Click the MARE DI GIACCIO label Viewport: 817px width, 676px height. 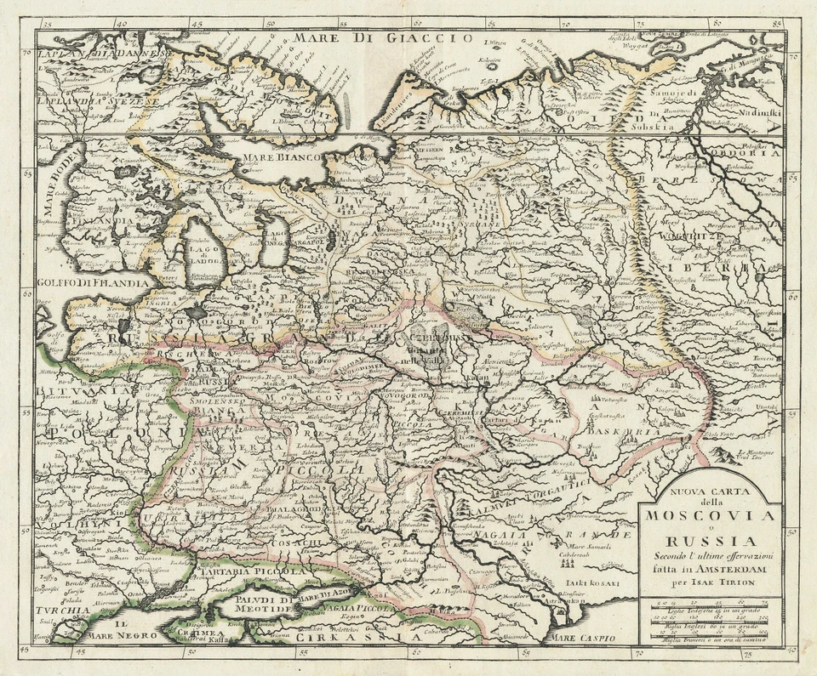(382, 37)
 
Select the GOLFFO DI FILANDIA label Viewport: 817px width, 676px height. (94, 283)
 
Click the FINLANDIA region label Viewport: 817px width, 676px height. (100, 219)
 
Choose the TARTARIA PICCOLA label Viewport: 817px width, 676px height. (251, 572)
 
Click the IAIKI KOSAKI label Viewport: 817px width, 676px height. (595, 585)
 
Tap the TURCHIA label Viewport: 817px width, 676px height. (64, 611)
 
